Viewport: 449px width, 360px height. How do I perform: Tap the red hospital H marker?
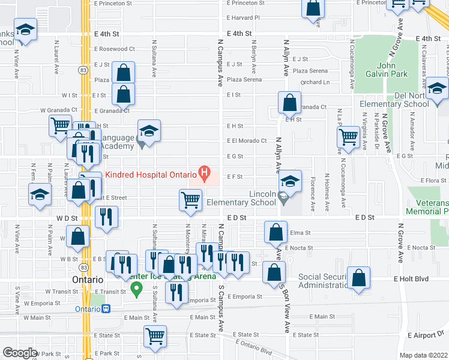pos(205,175)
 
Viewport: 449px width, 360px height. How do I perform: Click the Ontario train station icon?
pos(106,309)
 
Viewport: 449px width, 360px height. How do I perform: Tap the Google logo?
pos(20,353)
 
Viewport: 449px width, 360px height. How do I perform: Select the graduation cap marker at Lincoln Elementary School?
pos(291,181)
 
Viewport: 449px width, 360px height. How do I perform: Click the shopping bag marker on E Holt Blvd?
pos(359,278)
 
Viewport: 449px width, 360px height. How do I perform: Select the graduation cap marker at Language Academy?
pos(149,130)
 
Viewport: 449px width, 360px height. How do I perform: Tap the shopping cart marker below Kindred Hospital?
pos(191,200)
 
